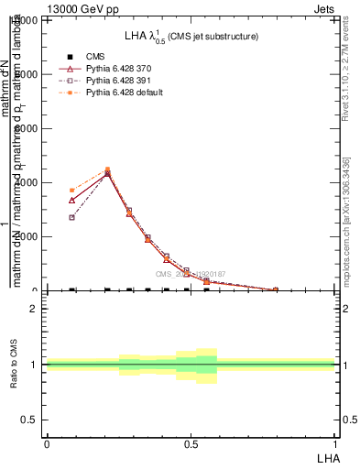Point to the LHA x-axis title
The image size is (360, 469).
tap(327, 456)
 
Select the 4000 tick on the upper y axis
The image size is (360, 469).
tap(26, 183)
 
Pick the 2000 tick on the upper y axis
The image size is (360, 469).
tap(26, 237)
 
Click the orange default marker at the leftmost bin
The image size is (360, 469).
tap(71, 190)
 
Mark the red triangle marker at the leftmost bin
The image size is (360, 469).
tap(71, 200)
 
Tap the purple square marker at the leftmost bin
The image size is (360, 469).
tap(71, 217)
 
